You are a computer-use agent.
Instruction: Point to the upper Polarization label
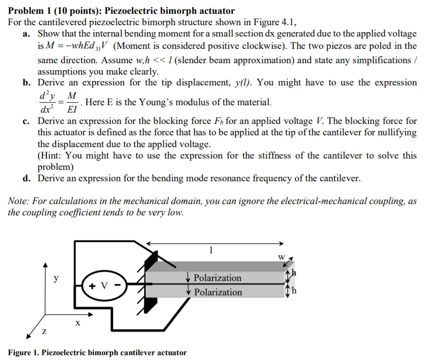(218, 278)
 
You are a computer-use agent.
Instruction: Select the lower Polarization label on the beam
(218, 292)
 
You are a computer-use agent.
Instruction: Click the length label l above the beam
(211, 250)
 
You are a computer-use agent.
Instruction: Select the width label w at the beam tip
(282, 257)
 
